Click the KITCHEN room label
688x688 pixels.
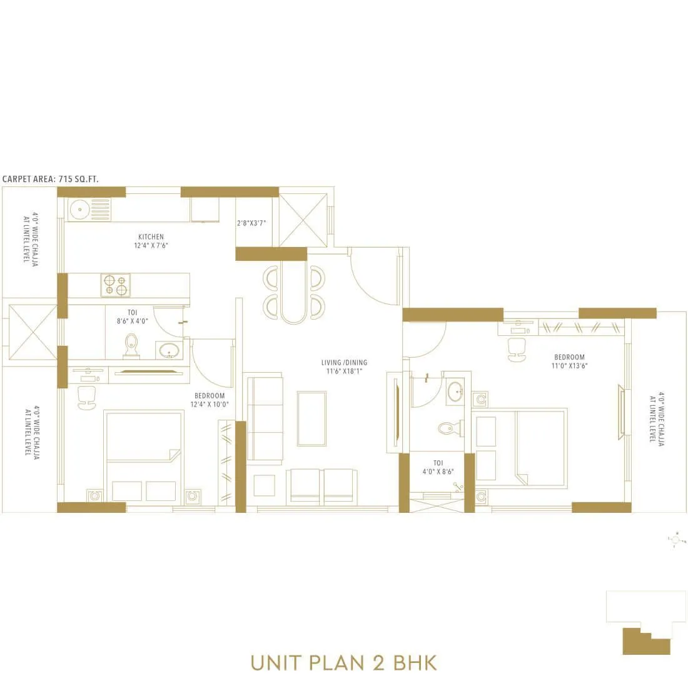[x=151, y=237]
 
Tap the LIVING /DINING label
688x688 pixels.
[x=344, y=363]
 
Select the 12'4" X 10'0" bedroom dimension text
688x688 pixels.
[x=210, y=404]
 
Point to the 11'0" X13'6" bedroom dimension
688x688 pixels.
[x=569, y=365]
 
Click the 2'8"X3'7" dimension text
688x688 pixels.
[x=255, y=223]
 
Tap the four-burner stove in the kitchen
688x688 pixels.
[x=116, y=285]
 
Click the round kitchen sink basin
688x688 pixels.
[x=79, y=210]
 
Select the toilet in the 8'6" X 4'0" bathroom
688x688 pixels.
[x=131, y=346]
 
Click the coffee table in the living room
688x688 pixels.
[x=311, y=418]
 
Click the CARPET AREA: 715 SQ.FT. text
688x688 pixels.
[x=51, y=179]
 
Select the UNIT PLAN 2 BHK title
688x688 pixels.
[x=343, y=662]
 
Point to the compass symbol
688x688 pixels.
[x=675, y=540]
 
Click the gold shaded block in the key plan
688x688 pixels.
[x=644, y=642]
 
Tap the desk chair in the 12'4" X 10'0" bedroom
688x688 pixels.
[x=87, y=397]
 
